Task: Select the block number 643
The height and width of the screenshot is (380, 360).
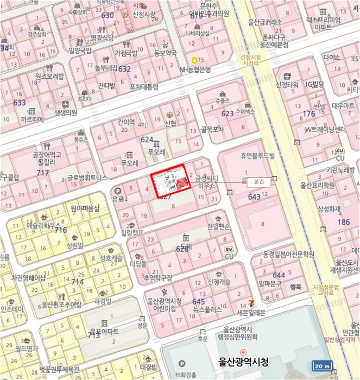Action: coord(254,197)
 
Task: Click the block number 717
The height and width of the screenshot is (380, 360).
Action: coord(42,173)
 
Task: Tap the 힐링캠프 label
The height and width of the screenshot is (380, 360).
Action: coord(132,232)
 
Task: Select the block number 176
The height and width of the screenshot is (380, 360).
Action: coord(308,113)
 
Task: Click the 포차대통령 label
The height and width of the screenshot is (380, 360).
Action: coord(144,86)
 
